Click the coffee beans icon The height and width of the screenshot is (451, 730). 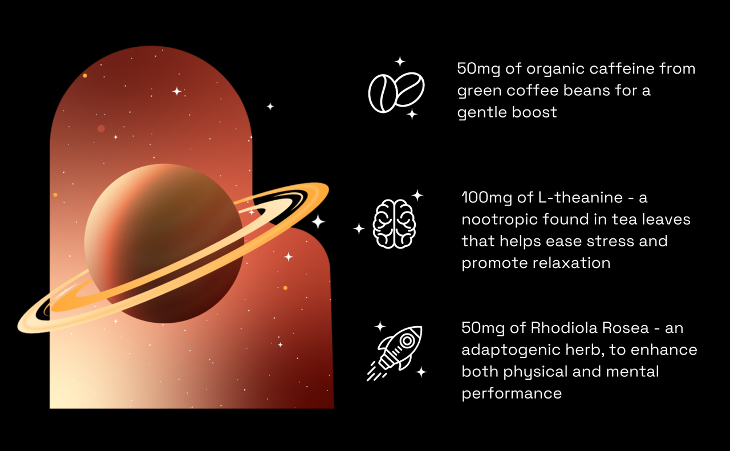point(396,92)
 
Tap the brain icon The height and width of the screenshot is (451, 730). point(394,224)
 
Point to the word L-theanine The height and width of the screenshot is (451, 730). point(580,198)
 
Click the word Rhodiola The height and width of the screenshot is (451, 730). point(563,328)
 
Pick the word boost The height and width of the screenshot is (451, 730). point(534,112)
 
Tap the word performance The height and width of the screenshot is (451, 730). point(512,394)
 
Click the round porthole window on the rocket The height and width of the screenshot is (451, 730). point(407,341)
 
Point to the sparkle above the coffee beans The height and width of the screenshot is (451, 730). point(400,61)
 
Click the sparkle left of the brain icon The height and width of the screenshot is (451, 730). point(359,229)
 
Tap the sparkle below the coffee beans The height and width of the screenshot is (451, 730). point(412,114)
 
